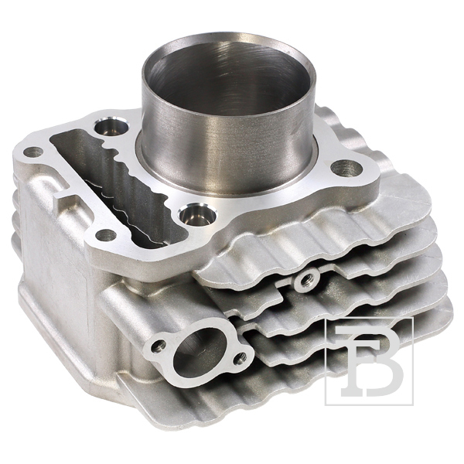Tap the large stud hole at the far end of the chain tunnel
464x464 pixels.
[x=111, y=128]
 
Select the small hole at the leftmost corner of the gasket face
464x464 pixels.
[x=33, y=152]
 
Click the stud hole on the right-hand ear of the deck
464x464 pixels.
[x=346, y=168]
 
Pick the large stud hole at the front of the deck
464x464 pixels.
[x=197, y=213]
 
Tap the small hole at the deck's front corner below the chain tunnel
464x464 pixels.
[x=106, y=236]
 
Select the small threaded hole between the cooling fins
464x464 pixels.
[x=306, y=280]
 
